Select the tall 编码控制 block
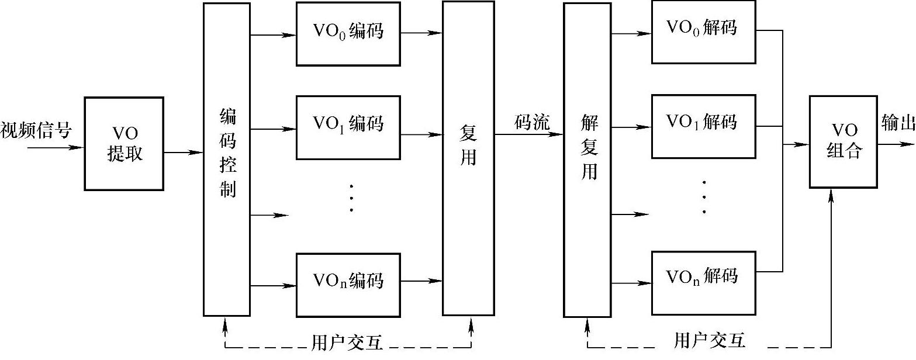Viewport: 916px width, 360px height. (x=227, y=158)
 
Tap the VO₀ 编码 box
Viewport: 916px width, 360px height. (x=348, y=34)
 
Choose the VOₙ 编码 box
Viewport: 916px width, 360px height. (x=348, y=282)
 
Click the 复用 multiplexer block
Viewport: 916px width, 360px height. (x=468, y=158)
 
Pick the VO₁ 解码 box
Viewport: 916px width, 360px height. (x=703, y=126)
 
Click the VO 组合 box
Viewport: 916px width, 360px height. (x=844, y=142)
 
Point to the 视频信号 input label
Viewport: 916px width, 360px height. (x=36, y=130)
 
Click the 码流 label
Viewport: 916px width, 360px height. (x=531, y=122)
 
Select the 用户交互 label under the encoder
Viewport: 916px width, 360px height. (x=348, y=342)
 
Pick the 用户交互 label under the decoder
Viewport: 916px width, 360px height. (x=710, y=341)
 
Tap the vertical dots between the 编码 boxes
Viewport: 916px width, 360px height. (x=351, y=199)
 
